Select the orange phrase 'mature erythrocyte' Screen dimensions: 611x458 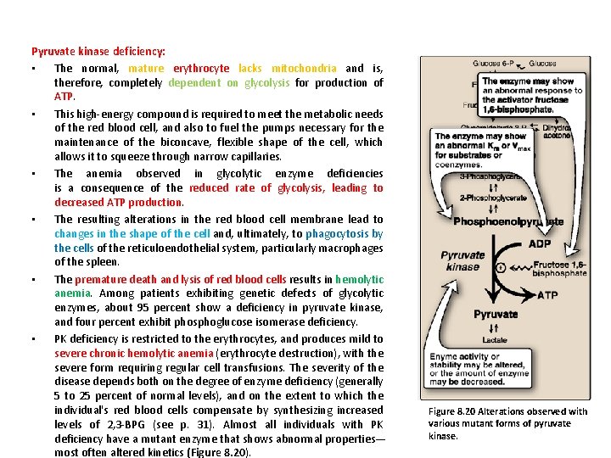pyautogui.click(x=178, y=68)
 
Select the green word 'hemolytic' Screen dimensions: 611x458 pyautogui.click(x=360, y=279)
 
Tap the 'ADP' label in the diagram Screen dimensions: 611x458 pyautogui.click(x=539, y=244)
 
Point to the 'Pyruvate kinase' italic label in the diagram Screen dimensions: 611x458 pyautogui.click(x=464, y=260)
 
